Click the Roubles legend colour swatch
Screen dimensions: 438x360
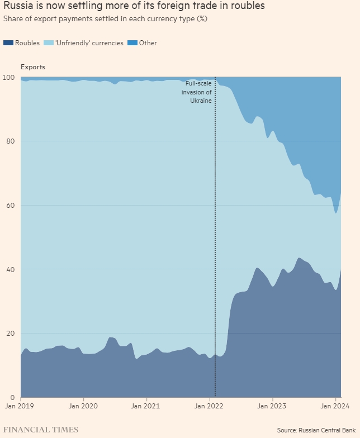pos(8,43)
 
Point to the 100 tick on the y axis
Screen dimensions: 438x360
pos(10,77)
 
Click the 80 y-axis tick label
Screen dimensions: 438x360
pos(10,141)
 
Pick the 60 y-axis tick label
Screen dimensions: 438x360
pos(10,206)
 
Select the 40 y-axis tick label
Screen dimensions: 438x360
pos(10,269)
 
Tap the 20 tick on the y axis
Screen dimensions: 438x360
pos(10,334)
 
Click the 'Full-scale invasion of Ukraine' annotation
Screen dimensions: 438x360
pos(198,92)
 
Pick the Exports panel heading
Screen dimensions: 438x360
pos(33,67)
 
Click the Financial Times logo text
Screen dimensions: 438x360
pos(41,430)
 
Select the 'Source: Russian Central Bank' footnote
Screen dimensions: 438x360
pos(316,430)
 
